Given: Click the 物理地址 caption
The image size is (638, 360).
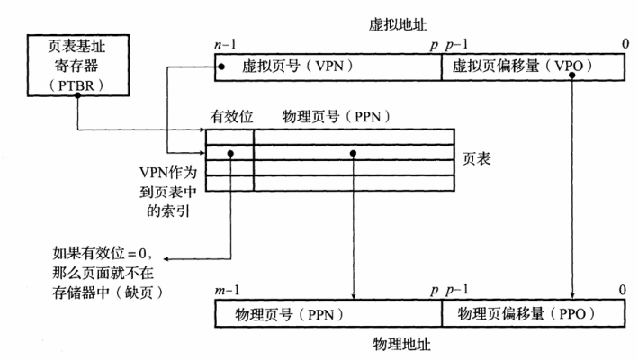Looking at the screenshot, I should click(400, 345).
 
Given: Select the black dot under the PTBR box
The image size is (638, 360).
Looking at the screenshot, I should click(78, 97).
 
